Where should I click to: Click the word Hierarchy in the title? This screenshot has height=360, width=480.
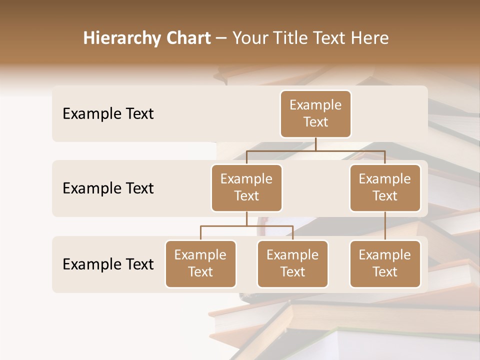coord(120,38)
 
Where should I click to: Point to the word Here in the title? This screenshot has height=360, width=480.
coord(370,38)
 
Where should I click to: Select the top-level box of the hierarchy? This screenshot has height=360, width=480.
coord(315,113)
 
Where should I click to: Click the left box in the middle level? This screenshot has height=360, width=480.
coord(246,187)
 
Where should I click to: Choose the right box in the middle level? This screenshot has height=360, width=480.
coord(385,187)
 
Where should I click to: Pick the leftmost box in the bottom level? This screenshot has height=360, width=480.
coord(200,263)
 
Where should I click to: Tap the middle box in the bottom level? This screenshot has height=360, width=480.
coord(292,263)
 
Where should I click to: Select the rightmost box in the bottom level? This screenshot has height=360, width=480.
coord(385,263)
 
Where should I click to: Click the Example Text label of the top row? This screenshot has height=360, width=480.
coord(108,114)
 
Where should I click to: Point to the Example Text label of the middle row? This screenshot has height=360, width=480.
coord(108,188)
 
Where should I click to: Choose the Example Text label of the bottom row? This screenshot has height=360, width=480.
coord(108,264)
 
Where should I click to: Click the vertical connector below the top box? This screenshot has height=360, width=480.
coord(315,144)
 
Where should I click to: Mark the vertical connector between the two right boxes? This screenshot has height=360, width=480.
coord(385,226)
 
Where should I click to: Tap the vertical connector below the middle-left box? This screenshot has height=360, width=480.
coord(246,219)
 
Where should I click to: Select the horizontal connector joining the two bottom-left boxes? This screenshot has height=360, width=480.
coord(246,226)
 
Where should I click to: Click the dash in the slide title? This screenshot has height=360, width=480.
coord(221,38)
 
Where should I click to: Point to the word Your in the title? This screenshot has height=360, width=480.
coord(248,38)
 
